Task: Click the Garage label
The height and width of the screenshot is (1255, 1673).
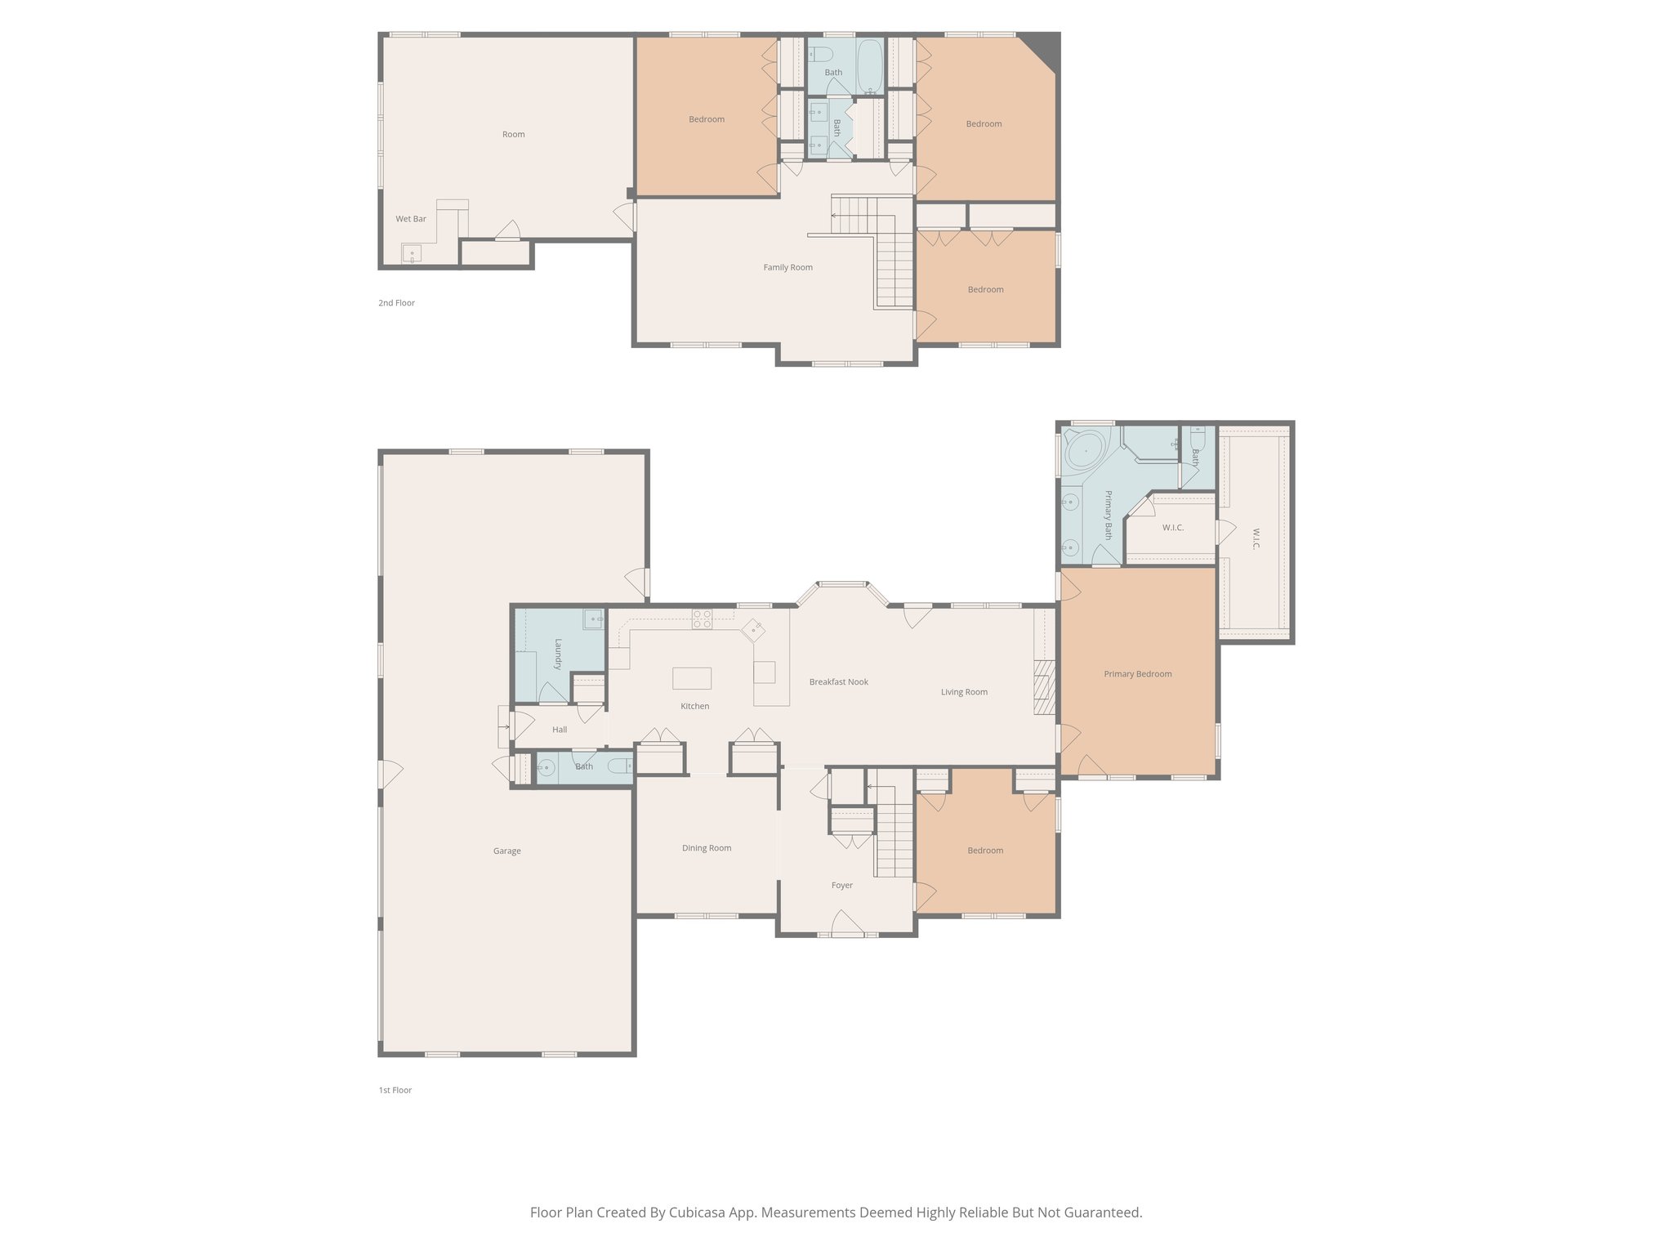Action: click(x=506, y=851)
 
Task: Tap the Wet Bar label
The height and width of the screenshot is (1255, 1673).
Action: click(x=411, y=219)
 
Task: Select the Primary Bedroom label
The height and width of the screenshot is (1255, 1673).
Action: click(x=1137, y=674)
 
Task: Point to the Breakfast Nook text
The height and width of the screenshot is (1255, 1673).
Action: click(x=838, y=681)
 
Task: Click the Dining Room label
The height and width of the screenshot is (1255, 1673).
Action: click(x=707, y=848)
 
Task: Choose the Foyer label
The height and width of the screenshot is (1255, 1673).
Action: click(x=841, y=885)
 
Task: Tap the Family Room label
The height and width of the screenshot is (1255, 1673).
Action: click(x=787, y=267)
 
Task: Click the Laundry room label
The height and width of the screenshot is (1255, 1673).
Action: click(x=559, y=654)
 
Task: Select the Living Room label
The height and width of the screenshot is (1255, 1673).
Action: click(x=964, y=692)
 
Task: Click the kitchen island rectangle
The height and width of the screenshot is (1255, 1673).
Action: click(x=691, y=678)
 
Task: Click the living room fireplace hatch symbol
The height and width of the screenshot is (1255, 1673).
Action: click(x=1044, y=688)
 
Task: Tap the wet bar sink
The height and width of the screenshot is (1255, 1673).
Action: click(x=411, y=253)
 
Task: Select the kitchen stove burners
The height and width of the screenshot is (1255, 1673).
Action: click(x=702, y=619)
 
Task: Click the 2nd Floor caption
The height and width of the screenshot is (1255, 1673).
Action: click(x=396, y=303)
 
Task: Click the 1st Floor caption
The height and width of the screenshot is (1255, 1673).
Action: click(x=395, y=1090)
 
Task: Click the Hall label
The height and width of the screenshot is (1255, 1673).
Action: click(x=560, y=730)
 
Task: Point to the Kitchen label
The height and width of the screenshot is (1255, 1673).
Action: click(x=695, y=706)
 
